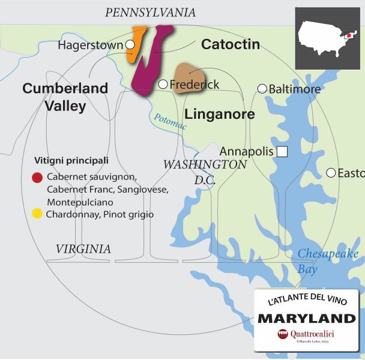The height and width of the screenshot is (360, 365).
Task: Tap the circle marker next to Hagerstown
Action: point(130,45)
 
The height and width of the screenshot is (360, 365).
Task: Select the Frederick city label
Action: point(195,85)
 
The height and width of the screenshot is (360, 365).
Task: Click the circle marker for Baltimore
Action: point(262,89)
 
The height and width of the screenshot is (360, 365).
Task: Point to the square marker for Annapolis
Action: point(282,151)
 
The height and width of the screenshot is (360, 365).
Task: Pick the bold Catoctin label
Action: point(231,44)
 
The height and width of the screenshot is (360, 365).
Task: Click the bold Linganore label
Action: point(219,113)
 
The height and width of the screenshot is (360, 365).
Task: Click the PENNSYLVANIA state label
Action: point(150,13)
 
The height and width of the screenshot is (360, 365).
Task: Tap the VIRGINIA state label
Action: point(83,248)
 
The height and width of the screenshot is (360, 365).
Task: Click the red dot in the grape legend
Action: point(37,178)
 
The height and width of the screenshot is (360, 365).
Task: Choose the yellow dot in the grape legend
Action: point(37,214)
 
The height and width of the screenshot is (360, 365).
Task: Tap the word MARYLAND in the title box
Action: point(306,317)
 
